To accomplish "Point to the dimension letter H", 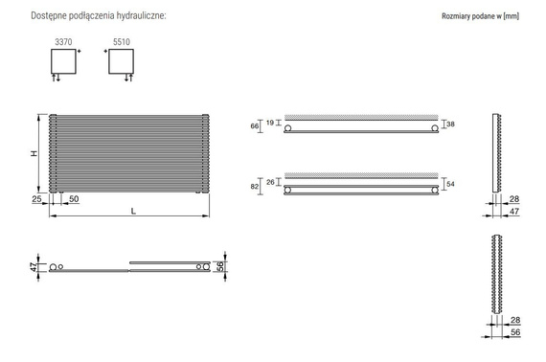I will coord(33,153).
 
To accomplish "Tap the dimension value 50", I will coord(74,198).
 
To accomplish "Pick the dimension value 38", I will coord(450,124).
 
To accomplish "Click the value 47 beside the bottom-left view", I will coord(33,266).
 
